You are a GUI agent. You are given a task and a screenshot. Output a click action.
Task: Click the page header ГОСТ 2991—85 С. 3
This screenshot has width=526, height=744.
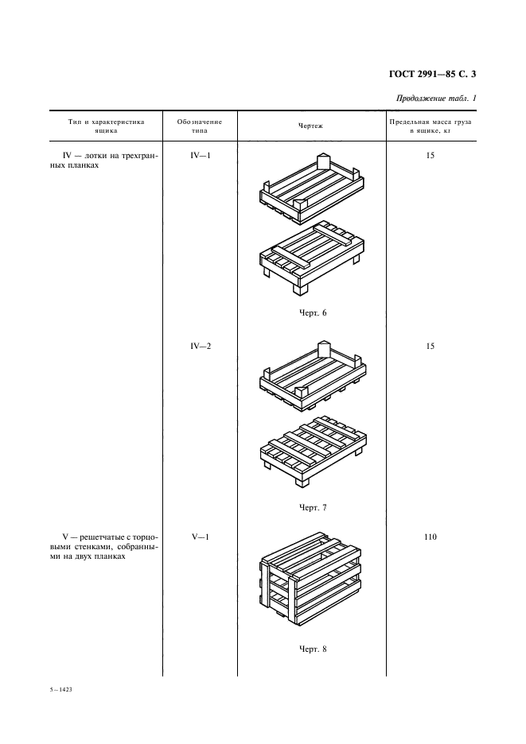434,76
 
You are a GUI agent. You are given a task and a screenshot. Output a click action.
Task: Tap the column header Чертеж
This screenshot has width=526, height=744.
310,126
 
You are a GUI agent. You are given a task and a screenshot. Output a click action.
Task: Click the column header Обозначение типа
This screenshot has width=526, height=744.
200,126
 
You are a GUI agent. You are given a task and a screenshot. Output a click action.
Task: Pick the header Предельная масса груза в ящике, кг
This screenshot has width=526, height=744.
430,126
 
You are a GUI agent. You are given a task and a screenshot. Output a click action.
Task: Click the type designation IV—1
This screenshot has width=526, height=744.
200,156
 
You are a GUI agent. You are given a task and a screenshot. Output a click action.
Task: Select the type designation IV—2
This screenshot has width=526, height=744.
200,347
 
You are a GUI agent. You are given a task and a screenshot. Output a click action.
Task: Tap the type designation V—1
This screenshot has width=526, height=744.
200,537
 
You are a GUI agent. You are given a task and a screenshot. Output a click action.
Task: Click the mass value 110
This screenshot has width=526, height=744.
430,537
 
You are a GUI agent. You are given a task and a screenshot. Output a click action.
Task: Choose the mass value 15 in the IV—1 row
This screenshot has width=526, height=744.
430,156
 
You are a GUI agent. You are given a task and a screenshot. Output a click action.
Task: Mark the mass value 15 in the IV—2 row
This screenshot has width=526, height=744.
430,347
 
